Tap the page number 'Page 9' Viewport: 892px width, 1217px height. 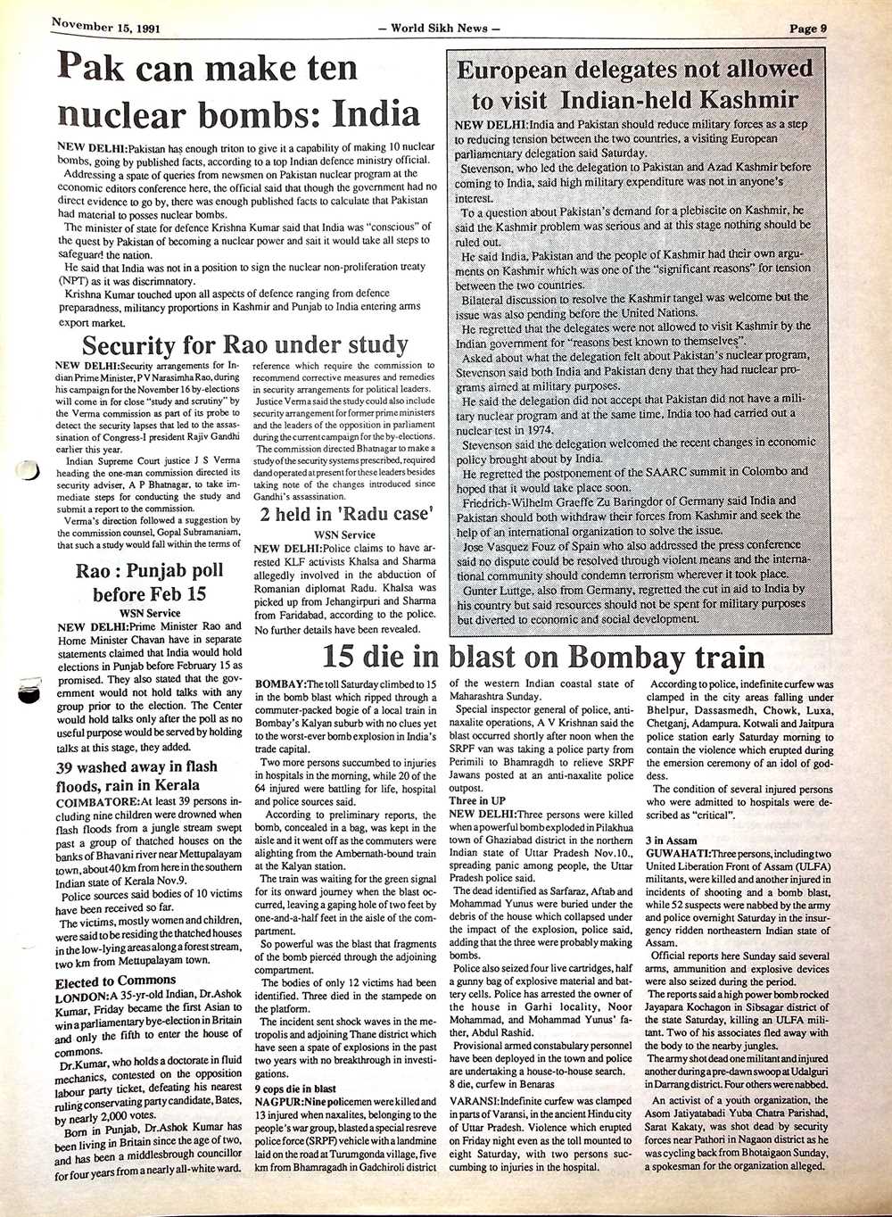[x=808, y=28]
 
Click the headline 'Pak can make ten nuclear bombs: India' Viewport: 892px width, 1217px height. [x=238, y=91]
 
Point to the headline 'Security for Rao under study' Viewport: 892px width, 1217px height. [x=244, y=345]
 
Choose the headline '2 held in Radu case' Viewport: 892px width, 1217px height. [x=346, y=514]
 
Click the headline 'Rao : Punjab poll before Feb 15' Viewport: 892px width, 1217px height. [x=149, y=582]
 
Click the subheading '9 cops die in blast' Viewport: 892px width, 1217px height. [x=295, y=1089]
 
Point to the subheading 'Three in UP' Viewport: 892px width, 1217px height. [x=477, y=801]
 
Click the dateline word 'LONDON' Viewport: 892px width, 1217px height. [x=81, y=996]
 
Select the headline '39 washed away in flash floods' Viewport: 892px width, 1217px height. [x=136, y=776]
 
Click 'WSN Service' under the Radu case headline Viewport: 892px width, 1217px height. [x=346, y=534]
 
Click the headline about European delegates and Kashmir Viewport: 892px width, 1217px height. [x=634, y=83]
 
